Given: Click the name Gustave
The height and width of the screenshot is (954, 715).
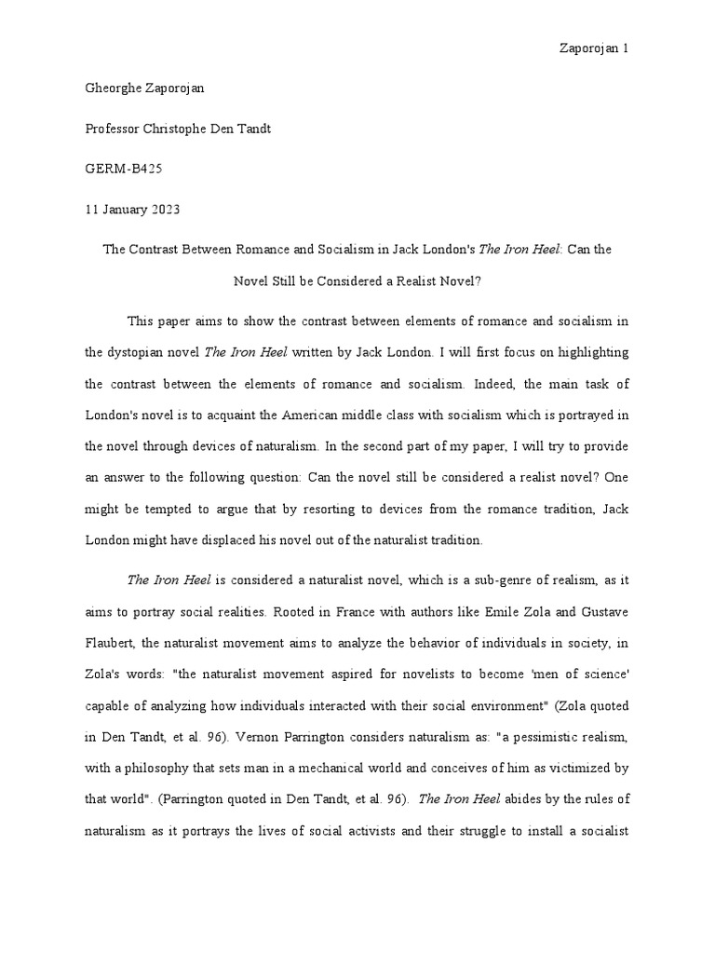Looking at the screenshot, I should [x=606, y=612].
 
